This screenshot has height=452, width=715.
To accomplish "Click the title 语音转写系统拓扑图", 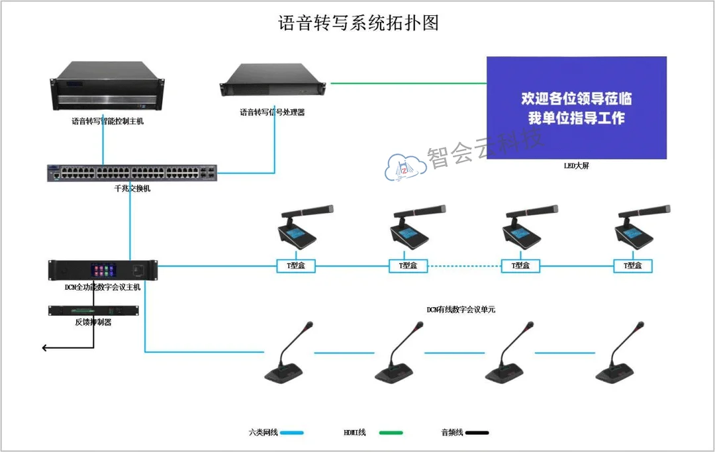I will tap(358, 24).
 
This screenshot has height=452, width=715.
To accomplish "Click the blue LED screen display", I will tap(576, 108).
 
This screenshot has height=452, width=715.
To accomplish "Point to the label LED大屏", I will tap(576, 166).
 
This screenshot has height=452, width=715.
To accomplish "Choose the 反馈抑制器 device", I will tap(93, 311).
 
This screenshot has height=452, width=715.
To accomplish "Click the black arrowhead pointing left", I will tap(45, 347).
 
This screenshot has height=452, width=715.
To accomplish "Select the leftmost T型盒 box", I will tap(295, 266).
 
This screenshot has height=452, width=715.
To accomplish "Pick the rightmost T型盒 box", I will tap(634, 266).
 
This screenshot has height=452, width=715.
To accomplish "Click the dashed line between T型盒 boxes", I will tap(464, 266).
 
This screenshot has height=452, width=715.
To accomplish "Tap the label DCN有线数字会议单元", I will tap(461, 309).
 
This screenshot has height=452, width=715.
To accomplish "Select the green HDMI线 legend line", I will tap(391, 433).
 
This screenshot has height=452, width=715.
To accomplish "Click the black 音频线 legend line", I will tap(477, 433).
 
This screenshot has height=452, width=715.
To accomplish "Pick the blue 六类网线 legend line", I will tap(292, 433).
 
